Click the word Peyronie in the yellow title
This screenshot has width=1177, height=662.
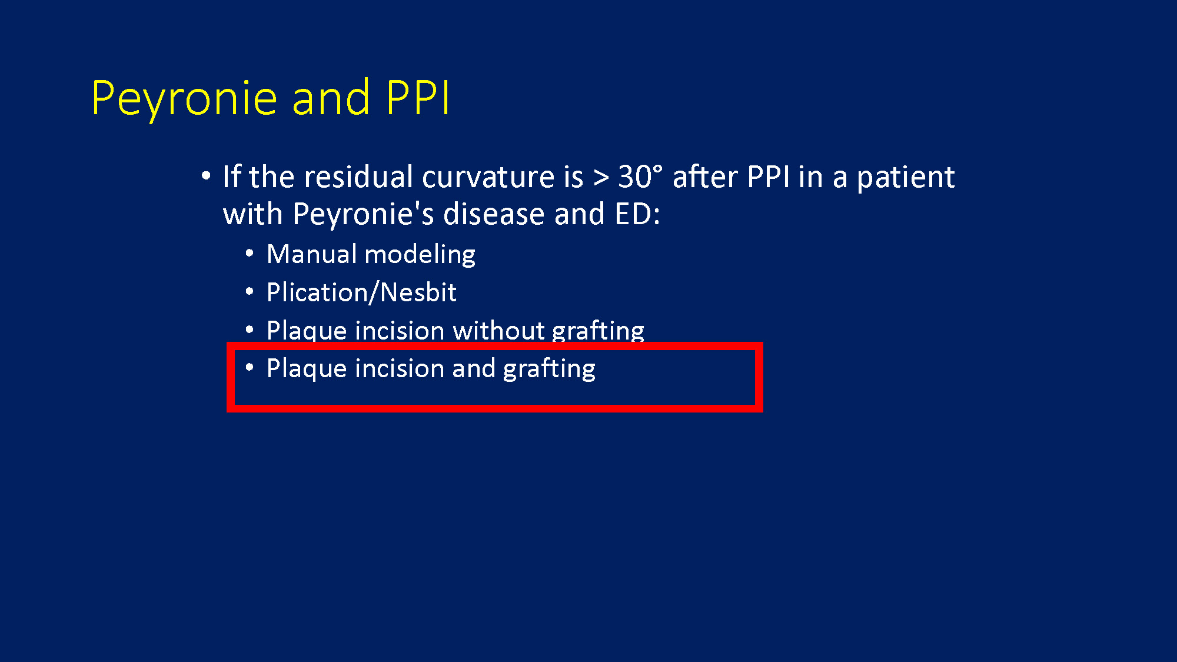(184, 99)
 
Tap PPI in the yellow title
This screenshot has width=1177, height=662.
(418, 97)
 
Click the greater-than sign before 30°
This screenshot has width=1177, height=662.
(601, 178)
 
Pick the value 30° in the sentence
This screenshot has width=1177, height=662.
(640, 177)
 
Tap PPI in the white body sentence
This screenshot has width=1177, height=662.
(767, 177)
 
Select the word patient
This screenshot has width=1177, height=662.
(905, 178)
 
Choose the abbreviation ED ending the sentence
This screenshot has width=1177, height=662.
(633, 214)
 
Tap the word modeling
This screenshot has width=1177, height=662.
(420, 255)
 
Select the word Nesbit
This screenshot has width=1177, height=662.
(418, 292)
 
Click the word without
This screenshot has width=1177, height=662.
(498, 330)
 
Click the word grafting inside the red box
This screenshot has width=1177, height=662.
(549, 369)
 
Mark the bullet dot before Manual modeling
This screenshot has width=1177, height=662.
(250, 253)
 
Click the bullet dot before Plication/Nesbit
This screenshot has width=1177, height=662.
(250, 291)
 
